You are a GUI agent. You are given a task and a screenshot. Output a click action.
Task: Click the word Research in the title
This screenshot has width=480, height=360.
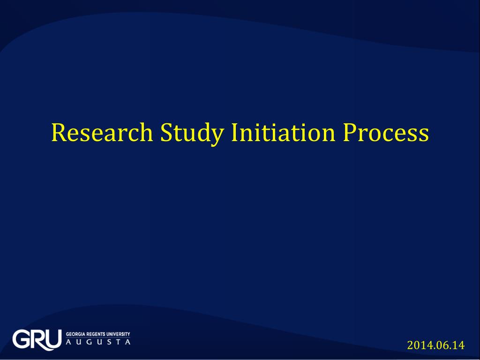102,133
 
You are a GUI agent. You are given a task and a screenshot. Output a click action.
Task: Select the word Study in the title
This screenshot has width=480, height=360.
192,133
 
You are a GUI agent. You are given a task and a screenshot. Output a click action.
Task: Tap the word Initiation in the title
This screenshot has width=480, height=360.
283,133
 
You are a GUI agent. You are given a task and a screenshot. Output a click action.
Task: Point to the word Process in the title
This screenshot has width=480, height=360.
385,133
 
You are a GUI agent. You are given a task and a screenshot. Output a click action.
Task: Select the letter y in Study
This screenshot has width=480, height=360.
217,136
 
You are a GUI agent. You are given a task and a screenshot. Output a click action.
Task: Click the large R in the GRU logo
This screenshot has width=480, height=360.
39,339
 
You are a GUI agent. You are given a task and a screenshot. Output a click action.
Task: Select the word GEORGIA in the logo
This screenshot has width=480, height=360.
75,334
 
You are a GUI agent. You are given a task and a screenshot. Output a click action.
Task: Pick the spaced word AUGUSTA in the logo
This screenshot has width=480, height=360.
97,343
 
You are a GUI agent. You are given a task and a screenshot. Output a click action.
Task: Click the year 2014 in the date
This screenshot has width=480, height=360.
417,346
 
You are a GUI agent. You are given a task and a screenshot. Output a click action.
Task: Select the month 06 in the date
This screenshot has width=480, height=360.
439,346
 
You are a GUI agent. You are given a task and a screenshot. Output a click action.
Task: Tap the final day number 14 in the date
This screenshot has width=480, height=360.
457,346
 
